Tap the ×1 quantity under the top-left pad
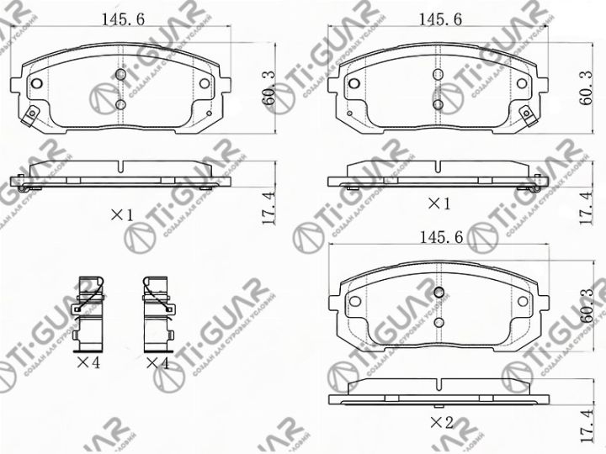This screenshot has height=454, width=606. (x=122, y=215)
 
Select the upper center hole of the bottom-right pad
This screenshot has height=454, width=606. (x=439, y=292)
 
